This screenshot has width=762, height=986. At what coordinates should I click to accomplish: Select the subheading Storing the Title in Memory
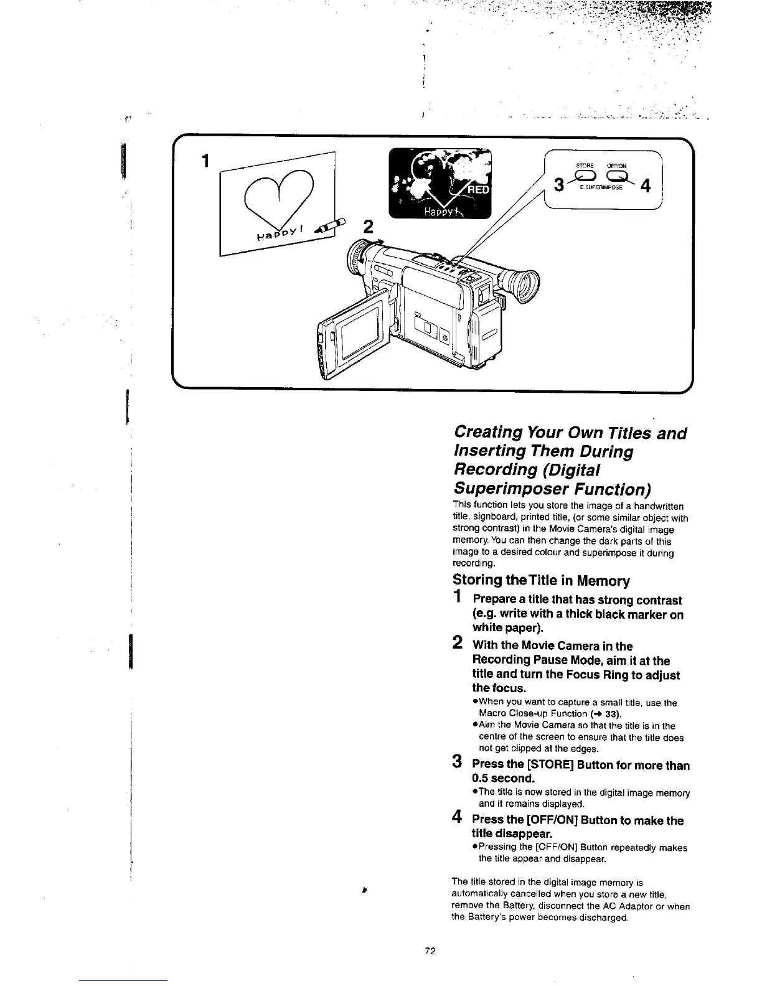pos(540,581)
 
